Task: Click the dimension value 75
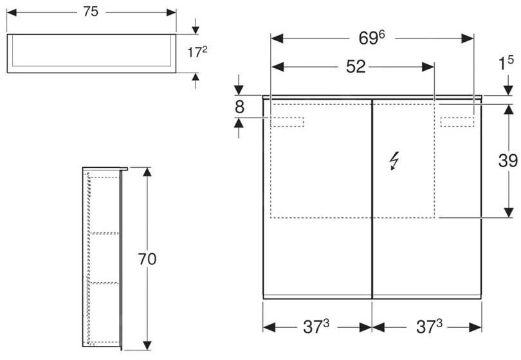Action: pyautogui.click(x=91, y=12)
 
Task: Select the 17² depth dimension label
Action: pyautogui.click(x=196, y=53)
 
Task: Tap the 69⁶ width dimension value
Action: pyautogui.click(x=376, y=38)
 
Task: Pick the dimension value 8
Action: pyautogui.click(x=239, y=107)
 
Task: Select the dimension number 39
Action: pyautogui.click(x=507, y=161)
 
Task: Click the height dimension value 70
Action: pyautogui.click(x=147, y=258)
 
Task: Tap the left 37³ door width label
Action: pyautogui.click(x=317, y=328)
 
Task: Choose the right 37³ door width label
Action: pyautogui.click(x=427, y=328)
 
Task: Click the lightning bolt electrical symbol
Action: pyautogui.click(x=394, y=163)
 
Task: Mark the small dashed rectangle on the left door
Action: pyautogui.click(x=288, y=122)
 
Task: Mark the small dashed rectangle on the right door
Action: pyautogui.click(x=457, y=122)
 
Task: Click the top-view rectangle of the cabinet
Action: pyautogui.click(x=91, y=53)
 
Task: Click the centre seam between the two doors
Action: pyautogui.click(x=372, y=199)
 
